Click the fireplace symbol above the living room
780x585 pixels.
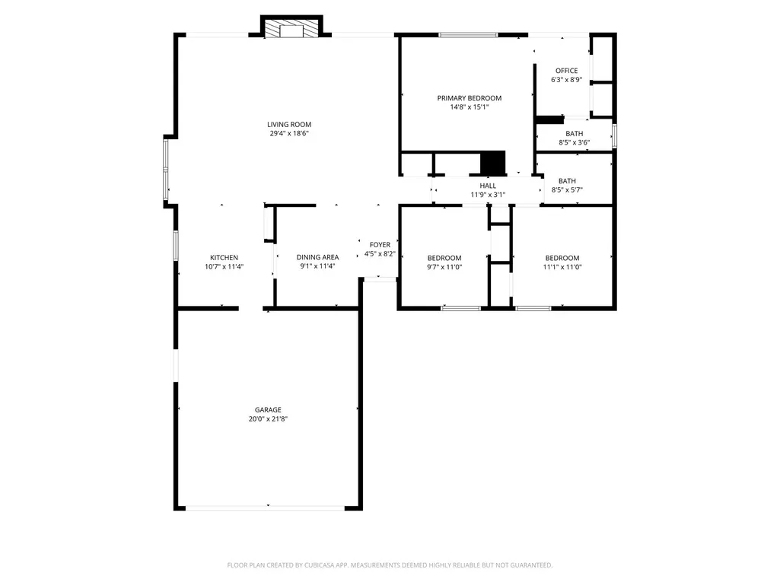(x=291, y=28)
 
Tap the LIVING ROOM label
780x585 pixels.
(x=289, y=124)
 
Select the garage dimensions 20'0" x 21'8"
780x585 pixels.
(x=268, y=419)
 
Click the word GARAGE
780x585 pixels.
(x=268, y=410)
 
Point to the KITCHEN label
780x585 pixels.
(x=224, y=258)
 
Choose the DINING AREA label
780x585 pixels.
(x=317, y=257)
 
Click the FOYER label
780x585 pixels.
(x=380, y=245)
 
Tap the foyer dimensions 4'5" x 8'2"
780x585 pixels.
(x=380, y=253)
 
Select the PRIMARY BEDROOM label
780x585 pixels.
(x=469, y=98)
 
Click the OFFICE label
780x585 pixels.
(x=567, y=71)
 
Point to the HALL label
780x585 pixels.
(x=488, y=186)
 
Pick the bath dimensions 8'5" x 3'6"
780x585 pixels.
(x=574, y=142)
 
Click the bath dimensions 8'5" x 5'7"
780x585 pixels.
(x=567, y=189)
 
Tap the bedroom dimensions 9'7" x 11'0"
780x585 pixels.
(x=444, y=266)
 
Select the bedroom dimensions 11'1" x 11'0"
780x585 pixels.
(x=562, y=266)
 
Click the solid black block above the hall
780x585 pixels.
(x=493, y=163)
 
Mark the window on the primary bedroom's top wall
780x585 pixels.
(x=468, y=35)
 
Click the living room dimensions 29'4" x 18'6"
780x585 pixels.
(x=289, y=133)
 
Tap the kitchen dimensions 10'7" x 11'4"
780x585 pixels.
(x=224, y=266)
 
